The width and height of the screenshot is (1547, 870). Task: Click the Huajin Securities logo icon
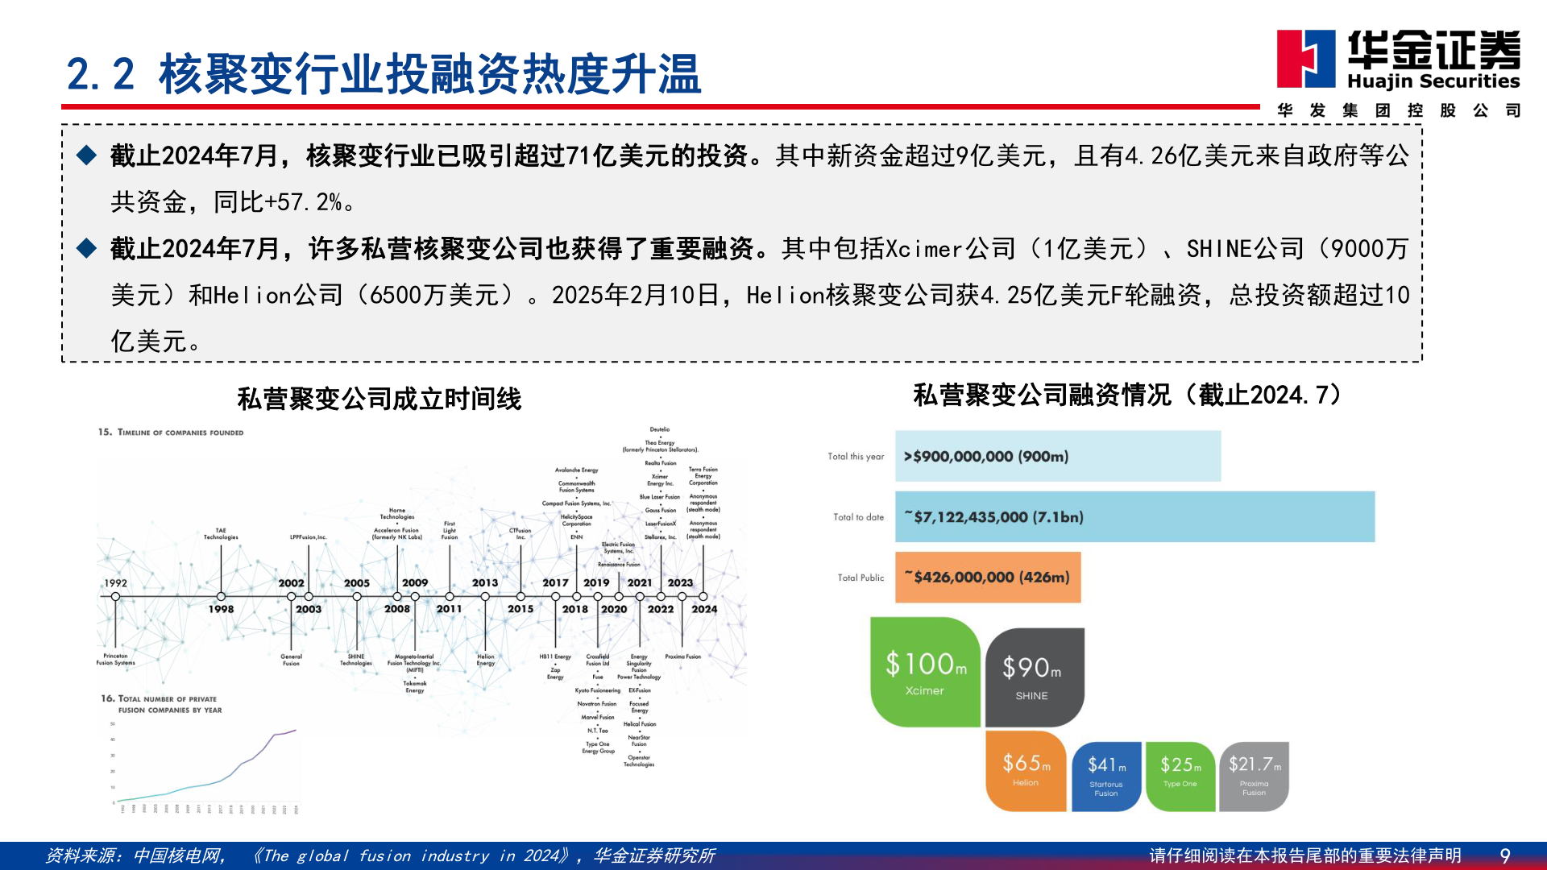coord(1305,58)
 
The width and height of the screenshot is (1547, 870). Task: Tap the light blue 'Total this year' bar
coord(1057,456)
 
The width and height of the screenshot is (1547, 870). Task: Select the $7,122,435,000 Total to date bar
coord(1134,516)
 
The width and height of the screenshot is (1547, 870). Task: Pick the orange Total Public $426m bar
coord(987,577)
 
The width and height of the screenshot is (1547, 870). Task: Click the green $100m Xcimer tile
coord(925,672)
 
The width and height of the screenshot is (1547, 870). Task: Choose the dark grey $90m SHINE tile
coord(1034,677)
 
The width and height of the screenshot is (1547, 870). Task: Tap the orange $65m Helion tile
coord(1026,770)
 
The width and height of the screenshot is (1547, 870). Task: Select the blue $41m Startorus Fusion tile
coord(1106,775)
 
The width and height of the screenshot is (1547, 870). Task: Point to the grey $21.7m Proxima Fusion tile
coord(1254,775)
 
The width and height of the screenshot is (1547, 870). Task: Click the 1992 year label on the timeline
coord(115,583)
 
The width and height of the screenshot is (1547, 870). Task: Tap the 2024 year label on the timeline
coord(704,609)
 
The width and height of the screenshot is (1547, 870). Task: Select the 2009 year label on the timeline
coord(415,582)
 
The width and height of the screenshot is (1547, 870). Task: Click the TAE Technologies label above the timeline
coord(221,533)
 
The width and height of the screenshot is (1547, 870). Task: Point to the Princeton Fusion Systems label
coord(115,659)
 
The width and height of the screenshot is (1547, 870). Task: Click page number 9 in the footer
coord(1504,855)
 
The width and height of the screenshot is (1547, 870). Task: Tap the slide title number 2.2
coord(100,74)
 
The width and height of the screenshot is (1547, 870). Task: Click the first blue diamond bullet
coord(86,155)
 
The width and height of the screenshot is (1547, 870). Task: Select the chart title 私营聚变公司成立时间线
coord(379,399)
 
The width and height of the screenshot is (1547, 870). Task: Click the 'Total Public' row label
coord(861,578)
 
